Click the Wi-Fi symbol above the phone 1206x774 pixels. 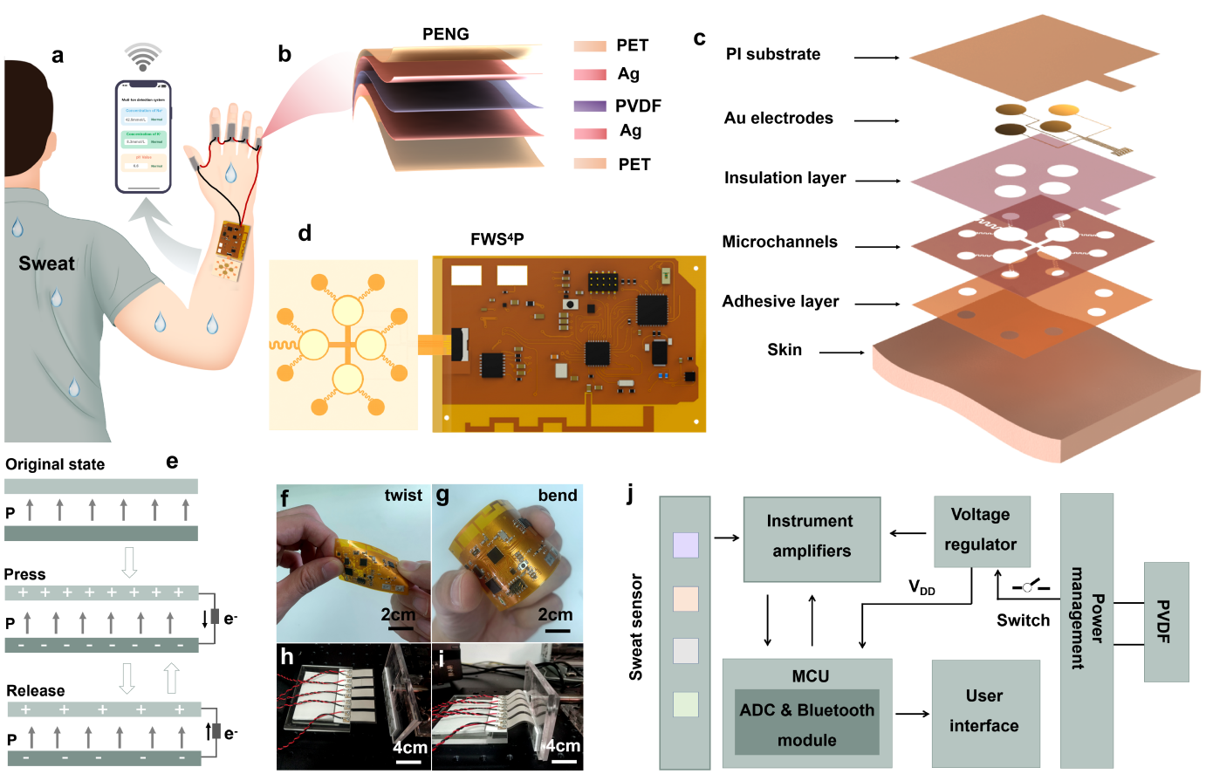point(143,58)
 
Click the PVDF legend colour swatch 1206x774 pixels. point(590,106)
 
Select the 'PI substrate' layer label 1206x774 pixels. point(773,54)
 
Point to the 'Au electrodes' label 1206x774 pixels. point(778,118)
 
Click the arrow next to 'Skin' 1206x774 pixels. point(841,353)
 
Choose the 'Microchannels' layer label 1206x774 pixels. point(779,242)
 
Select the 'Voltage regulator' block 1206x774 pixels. point(981,531)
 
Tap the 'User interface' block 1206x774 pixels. point(984,712)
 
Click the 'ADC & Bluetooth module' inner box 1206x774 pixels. point(806,724)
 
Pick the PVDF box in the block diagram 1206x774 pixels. point(1165,621)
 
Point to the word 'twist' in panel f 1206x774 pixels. point(403,496)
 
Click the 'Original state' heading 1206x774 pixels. point(55,464)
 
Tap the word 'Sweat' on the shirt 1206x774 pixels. point(46,264)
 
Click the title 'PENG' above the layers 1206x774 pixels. point(445,34)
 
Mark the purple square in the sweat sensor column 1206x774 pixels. point(686,545)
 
